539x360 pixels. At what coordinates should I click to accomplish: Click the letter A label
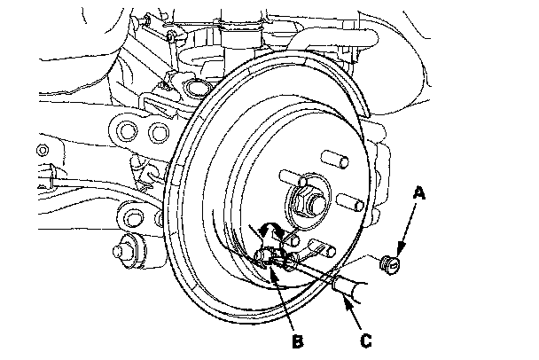coord(418,193)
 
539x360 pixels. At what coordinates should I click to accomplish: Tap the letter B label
coord(298,341)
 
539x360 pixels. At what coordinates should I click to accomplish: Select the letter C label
coord(366,340)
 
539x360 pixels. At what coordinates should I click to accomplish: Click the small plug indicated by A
coord(390,264)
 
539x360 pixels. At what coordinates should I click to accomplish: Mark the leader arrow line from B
coord(282,298)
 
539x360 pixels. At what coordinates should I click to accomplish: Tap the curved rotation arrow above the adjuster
coord(271,230)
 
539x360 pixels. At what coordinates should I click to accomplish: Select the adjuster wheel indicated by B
coord(267,257)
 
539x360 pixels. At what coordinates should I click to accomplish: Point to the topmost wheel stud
coord(334,159)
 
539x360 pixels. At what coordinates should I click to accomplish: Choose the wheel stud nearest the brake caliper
coord(350,201)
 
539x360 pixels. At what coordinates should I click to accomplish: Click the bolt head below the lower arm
coord(127,250)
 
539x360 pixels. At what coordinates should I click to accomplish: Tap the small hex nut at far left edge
coord(43,150)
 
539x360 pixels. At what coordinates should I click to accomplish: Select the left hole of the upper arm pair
coord(127,130)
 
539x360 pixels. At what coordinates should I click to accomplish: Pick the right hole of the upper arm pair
coord(160,133)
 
